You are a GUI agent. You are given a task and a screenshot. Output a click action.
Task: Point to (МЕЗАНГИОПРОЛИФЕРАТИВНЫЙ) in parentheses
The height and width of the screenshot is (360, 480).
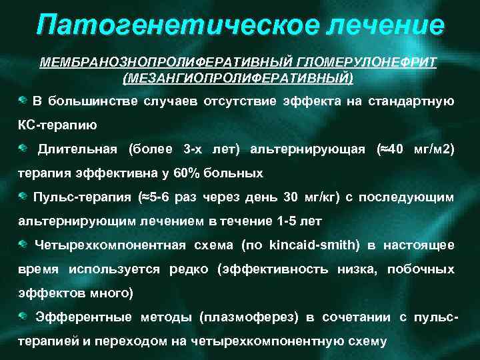coord(239,78)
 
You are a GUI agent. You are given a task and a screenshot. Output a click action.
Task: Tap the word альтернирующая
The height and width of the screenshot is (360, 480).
coord(307,149)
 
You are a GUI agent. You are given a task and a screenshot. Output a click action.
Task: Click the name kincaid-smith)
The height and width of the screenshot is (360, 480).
coord(314,245)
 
